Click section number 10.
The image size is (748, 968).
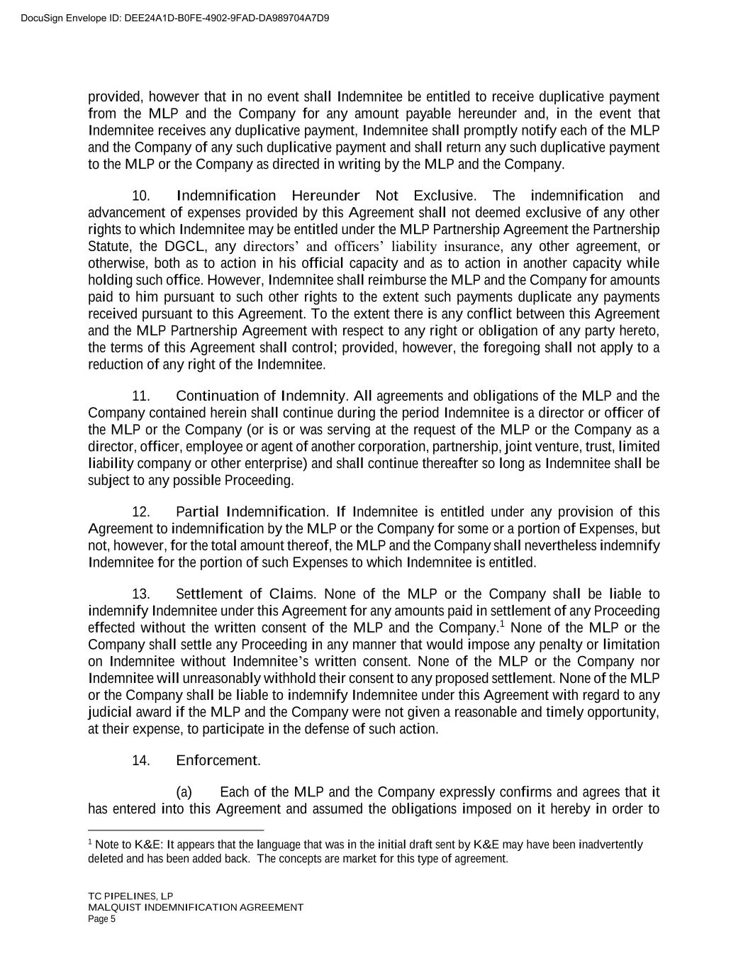[140, 196]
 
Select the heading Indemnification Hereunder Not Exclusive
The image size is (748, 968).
[324, 196]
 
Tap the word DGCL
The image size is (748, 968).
[184, 247]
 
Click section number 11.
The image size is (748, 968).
[140, 396]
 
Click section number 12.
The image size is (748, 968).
[140, 512]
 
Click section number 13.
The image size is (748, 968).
[140, 594]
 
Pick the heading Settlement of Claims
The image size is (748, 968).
[245, 594]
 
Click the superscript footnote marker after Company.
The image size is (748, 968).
[501, 624]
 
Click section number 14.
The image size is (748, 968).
[140, 761]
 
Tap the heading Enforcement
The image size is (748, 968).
[218, 761]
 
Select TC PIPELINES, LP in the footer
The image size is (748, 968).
[130, 896]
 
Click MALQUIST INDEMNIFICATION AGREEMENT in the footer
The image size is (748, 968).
[196, 907]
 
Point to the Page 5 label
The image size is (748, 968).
[101, 919]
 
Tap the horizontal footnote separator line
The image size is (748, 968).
[176, 830]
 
